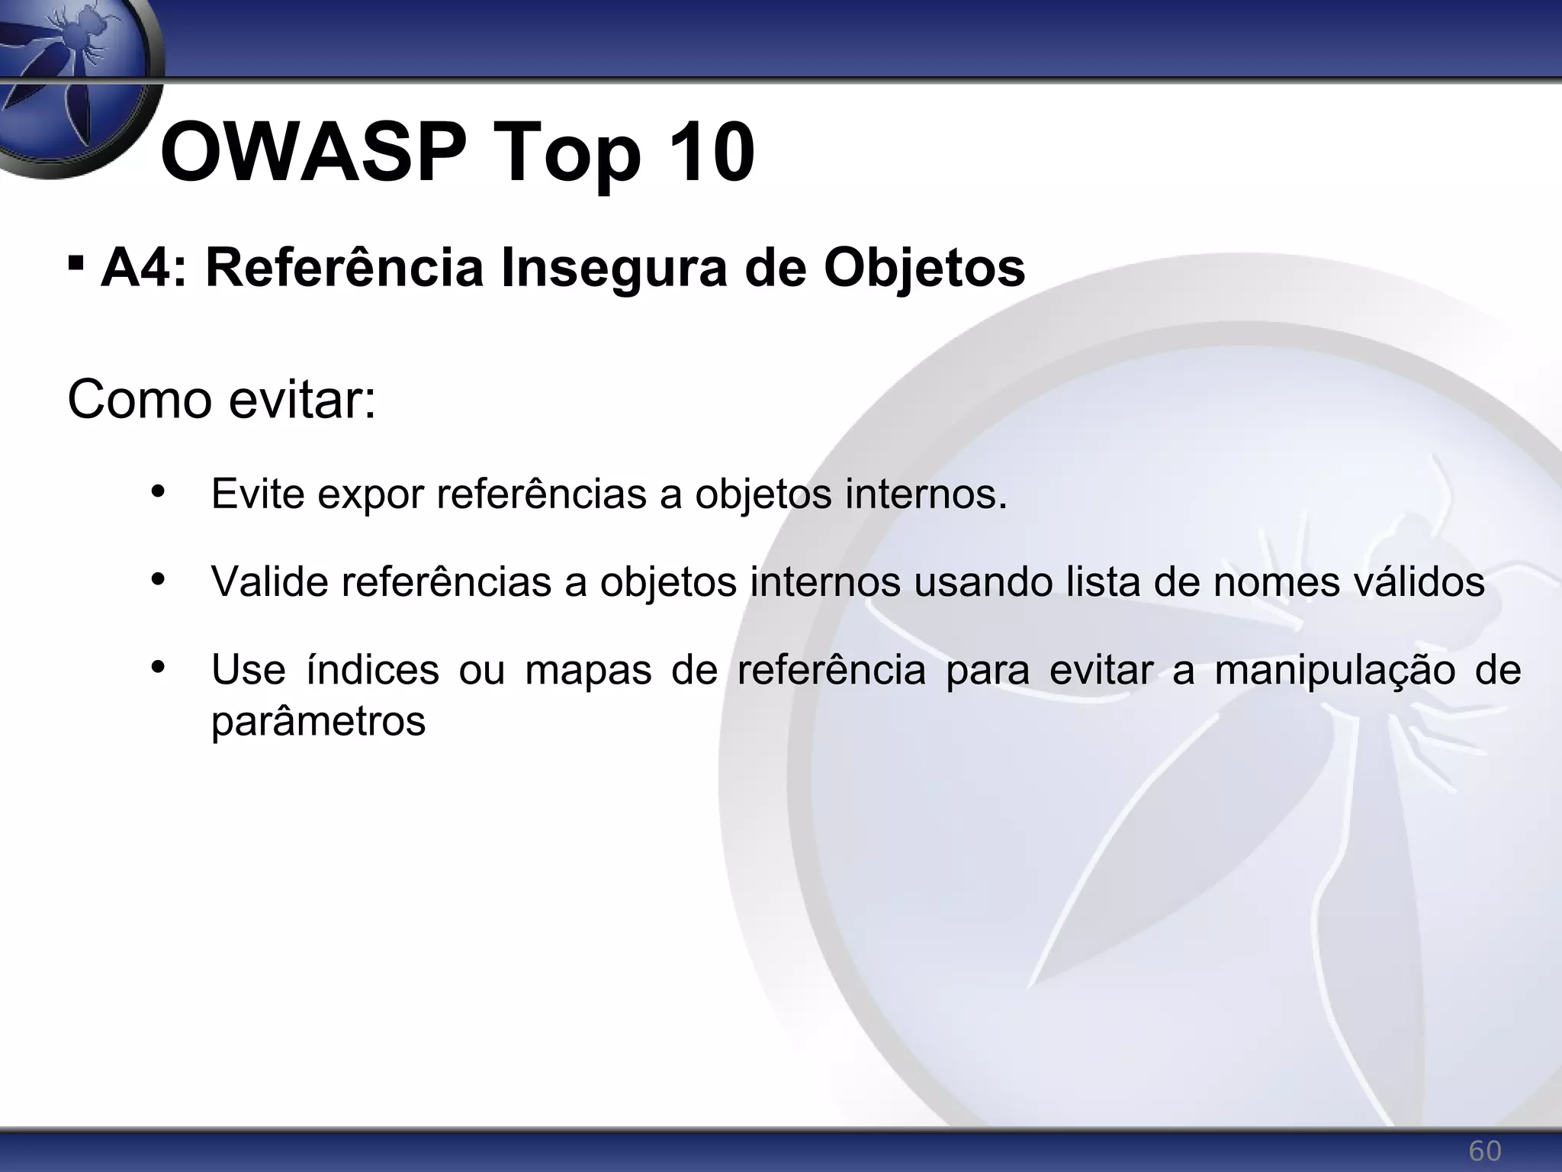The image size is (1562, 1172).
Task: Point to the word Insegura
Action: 614,269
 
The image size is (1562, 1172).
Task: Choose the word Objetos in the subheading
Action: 924,269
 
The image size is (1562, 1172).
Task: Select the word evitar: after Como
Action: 302,399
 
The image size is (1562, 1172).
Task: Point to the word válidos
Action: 1418,581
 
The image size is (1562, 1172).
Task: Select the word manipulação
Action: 1335,671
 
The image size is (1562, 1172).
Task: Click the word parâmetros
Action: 318,720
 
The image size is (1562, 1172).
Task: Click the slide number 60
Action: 1484,1151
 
